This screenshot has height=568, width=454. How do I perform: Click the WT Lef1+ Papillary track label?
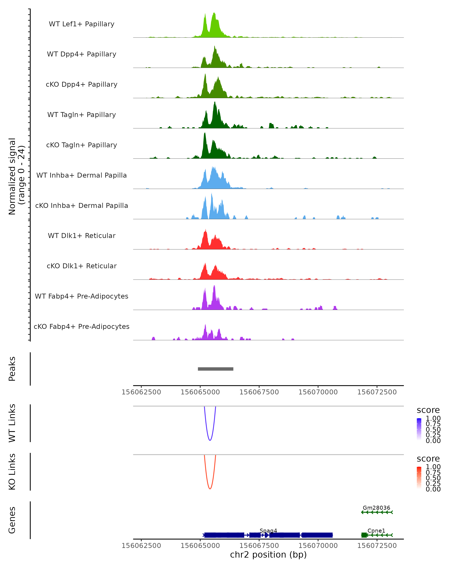82,24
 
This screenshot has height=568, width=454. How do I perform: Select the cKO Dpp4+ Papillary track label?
82,85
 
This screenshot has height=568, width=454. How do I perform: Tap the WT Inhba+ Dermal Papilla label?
82,176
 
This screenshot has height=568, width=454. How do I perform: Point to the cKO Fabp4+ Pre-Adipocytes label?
82,327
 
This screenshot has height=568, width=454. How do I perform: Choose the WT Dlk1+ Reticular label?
82,236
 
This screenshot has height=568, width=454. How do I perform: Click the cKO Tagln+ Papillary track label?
82,145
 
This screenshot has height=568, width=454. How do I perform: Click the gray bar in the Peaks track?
215,369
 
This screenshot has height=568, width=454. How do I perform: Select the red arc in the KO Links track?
210,488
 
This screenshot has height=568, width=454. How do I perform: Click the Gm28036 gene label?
376,508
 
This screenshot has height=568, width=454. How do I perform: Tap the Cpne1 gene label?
376,531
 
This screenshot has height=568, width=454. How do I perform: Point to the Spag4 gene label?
268,531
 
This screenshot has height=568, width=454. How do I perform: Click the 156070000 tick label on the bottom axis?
318,546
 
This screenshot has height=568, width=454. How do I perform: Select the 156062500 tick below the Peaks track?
141,392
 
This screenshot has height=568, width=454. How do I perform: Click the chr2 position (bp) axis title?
268,555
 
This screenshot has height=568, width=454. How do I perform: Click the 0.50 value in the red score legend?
433,478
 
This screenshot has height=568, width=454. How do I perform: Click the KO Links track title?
12,472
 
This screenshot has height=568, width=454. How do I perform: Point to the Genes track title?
12,520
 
